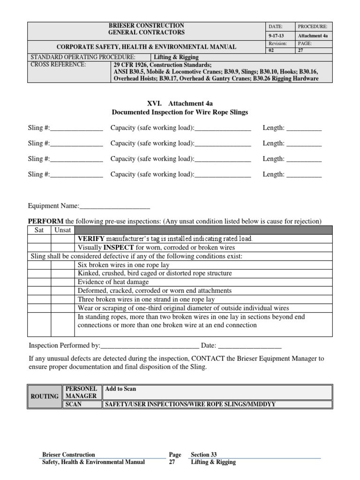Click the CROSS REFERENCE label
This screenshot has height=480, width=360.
(x=59, y=65)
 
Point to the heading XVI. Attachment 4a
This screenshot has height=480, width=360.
(x=180, y=103)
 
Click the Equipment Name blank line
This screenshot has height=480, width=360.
(x=115, y=206)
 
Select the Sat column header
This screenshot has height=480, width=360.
(x=39, y=230)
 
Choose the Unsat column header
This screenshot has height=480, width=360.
(x=63, y=230)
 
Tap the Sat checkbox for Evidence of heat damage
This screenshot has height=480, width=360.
(x=39, y=282)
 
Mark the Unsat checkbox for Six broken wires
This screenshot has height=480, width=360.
(x=63, y=265)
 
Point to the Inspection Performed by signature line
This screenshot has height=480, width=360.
(x=150, y=346)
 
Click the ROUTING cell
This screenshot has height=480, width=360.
(x=45, y=396)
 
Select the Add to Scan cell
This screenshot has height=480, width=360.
(x=121, y=389)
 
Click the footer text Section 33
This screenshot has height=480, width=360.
(x=204, y=454)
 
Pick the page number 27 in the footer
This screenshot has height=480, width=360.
(x=172, y=462)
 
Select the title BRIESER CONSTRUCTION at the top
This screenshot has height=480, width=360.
(x=146, y=25)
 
